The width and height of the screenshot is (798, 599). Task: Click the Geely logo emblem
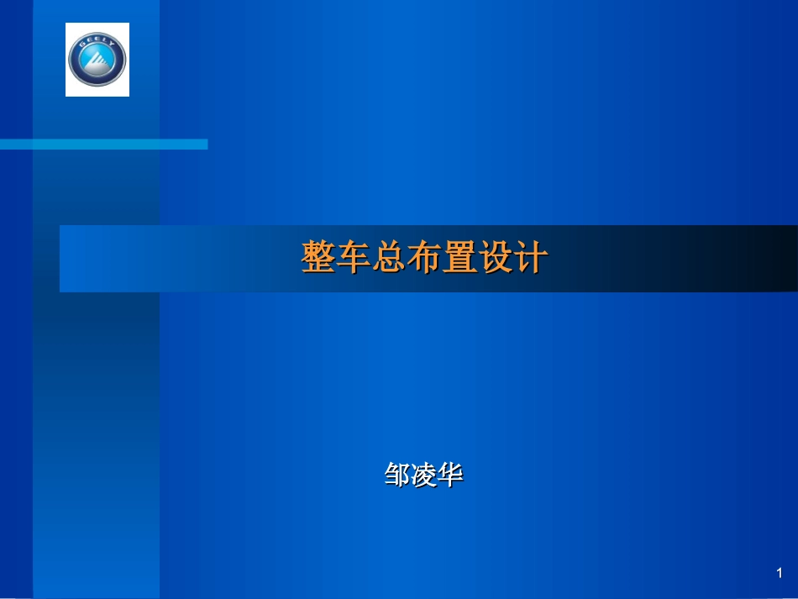tap(97, 60)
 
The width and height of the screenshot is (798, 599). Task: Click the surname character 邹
tap(397, 476)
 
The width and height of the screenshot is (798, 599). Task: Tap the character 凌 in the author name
tap(424, 476)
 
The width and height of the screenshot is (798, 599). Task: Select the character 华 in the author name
tap(451, 476)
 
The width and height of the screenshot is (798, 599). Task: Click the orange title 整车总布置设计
tap(424, 258)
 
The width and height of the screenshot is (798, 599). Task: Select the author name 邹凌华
tap(424, 476)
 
